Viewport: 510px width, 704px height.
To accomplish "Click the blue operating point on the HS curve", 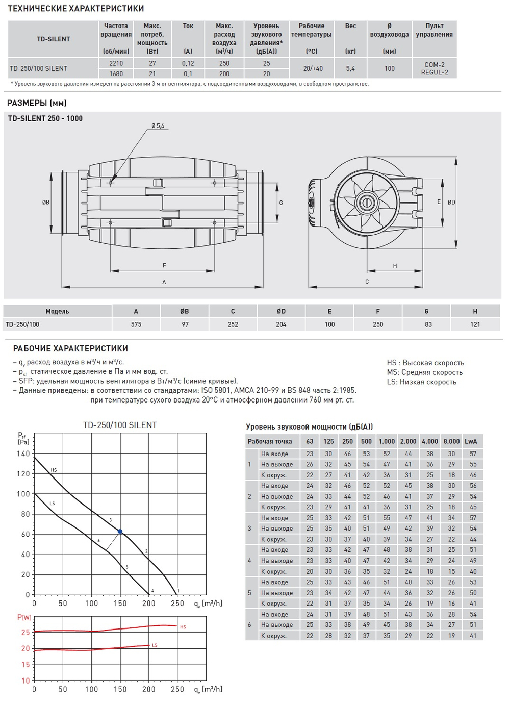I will [x=120, y=531].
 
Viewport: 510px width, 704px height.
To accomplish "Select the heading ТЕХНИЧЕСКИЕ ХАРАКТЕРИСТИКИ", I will [x=75, y=9].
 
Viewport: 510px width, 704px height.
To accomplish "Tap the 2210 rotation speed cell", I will [x=116, y=63].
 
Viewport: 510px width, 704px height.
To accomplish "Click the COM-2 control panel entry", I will [x=434, y=65].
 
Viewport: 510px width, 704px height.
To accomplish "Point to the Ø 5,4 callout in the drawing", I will [x=158, y=126].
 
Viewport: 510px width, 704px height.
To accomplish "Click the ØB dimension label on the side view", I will [x=46, y=203].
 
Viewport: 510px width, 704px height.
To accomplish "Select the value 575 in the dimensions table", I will [x=136, y=324].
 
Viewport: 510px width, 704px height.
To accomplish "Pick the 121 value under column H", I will [x=475, y=324].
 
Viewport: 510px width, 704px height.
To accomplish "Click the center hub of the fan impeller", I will [x=366, y=203].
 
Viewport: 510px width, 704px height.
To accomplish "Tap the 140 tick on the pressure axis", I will [x=23, y=454].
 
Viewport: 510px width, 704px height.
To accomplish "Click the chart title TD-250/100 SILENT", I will [x=120, y=425].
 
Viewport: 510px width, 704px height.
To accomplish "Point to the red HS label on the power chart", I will [x=183, y=627].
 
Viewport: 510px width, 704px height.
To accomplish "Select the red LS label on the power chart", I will [x=155, y=645].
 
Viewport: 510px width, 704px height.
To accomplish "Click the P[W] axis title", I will [x=24, y=617].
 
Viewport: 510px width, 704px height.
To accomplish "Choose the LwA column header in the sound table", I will [x=471, y=441].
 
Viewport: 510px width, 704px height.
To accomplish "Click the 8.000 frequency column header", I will [x=451, y=441].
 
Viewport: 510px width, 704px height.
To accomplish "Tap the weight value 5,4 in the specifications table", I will [x=350, y=68].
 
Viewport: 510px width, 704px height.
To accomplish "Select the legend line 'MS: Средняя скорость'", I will [x=424, y=372].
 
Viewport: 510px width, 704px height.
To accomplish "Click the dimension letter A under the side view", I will [x=164, y=282].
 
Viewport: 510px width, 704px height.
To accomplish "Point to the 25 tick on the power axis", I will [x=25, y=633].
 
